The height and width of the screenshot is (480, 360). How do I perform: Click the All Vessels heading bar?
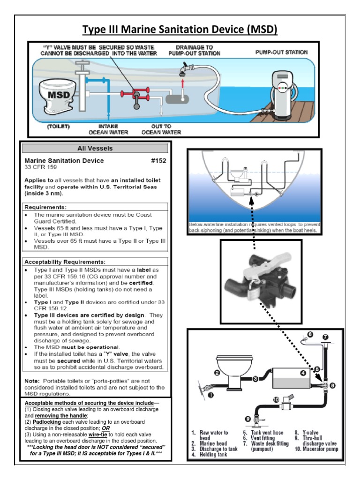tap(96, 149)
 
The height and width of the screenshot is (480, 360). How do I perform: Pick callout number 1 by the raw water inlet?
tap(211, 395)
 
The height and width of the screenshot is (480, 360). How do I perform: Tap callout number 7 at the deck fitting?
tap(326, 336)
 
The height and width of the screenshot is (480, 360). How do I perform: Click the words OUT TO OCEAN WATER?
tap(161, 129)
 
